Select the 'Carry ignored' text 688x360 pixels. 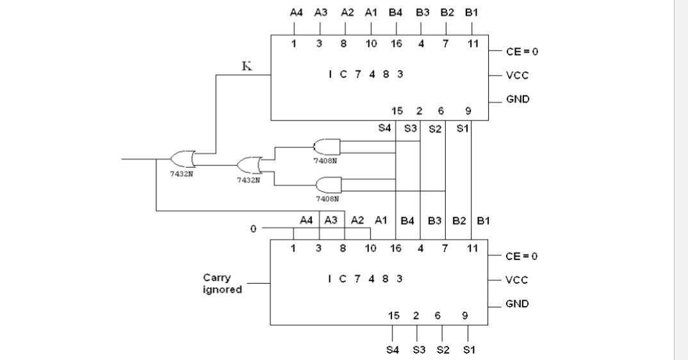222,284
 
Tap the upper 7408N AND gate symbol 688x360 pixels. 327,147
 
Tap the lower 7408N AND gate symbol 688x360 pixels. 328,186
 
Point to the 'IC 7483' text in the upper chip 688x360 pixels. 365,74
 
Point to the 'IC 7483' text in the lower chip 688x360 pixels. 365,279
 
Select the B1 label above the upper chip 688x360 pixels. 471,12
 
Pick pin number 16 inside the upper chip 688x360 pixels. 396,44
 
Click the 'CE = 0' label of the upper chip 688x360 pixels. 521,51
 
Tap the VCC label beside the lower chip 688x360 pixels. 517,280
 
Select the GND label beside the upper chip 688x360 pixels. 518,100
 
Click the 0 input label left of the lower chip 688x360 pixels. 254,229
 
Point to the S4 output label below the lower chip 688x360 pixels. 393,350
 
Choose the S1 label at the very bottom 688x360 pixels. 469,350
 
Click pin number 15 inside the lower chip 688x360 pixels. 394,315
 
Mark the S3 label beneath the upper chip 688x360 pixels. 411,129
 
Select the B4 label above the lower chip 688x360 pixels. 407,220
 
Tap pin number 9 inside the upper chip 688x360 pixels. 468,111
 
